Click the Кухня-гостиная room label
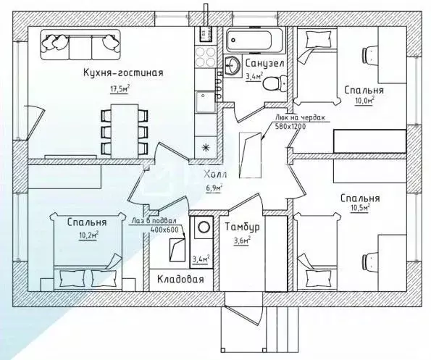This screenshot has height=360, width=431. tap(123, 72)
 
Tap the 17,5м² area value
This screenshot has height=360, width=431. tap(120, 89)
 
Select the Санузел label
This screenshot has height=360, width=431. tap(264, 64)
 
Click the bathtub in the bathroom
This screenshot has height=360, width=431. tap(254, 41)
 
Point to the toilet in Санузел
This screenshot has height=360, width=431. tap(275, 83)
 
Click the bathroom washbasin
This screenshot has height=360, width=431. tap(232, 65)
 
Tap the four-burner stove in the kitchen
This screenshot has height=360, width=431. tap(205, 56)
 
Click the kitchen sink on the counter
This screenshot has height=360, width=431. tap(205, 101)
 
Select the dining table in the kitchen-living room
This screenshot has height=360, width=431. tap(125, 131)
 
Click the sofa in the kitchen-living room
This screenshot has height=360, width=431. tap(80, 44)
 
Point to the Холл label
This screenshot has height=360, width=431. tap(216, 175)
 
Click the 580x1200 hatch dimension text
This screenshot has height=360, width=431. tap(290, 126)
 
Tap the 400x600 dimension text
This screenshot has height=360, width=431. tap(164, 229)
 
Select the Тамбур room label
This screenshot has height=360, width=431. tap(242, 227)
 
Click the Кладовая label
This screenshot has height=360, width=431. tap(180, 279)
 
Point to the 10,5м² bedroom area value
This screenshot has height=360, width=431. tap(360, 208)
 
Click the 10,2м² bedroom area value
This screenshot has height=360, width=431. tap(89, 235)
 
